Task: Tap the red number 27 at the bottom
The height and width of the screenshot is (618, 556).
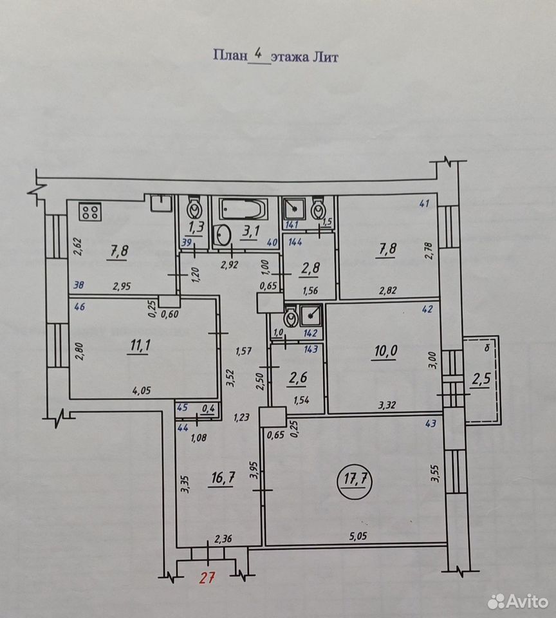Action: click(x=207, y=578)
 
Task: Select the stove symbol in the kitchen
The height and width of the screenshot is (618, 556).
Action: click(x=91, y=212)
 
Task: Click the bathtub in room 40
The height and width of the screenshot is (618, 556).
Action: click(x=243, y=209)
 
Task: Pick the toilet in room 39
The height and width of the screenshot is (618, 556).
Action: click(x=194, y=207)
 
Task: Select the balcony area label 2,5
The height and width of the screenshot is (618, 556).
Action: click(x=481, y=380)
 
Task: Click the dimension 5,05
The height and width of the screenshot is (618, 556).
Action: click(x=358, y=536)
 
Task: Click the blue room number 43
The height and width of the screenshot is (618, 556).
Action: click(x=431, y=424)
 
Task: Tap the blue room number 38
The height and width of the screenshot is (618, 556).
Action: click(x=79, y=285)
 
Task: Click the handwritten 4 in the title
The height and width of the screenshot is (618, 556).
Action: click(x=259, y=53)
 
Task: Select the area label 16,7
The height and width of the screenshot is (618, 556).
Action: click(x=223, y=478)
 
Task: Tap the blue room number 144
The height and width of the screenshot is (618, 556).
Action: click(x=295, y=242)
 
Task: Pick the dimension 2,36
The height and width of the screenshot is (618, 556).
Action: click(x=223, y=538)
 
